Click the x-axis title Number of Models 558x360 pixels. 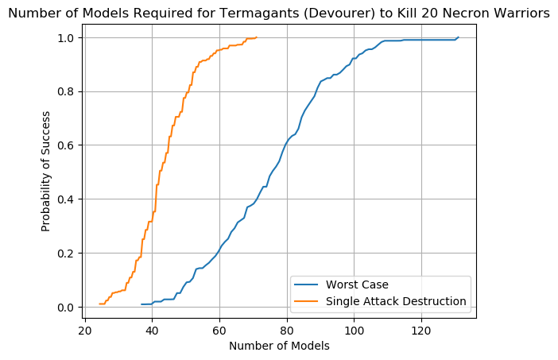click(279, 346)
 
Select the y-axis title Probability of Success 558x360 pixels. click(46, 172)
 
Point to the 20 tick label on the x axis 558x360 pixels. click(84, 331)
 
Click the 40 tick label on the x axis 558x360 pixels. click(152, 331)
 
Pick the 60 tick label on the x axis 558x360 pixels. click(219, 331)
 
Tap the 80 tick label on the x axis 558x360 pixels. click(287, 331)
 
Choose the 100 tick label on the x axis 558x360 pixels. click(354, 331)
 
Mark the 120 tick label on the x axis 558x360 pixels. click(421, 331)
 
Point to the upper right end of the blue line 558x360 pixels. click(458, 37)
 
